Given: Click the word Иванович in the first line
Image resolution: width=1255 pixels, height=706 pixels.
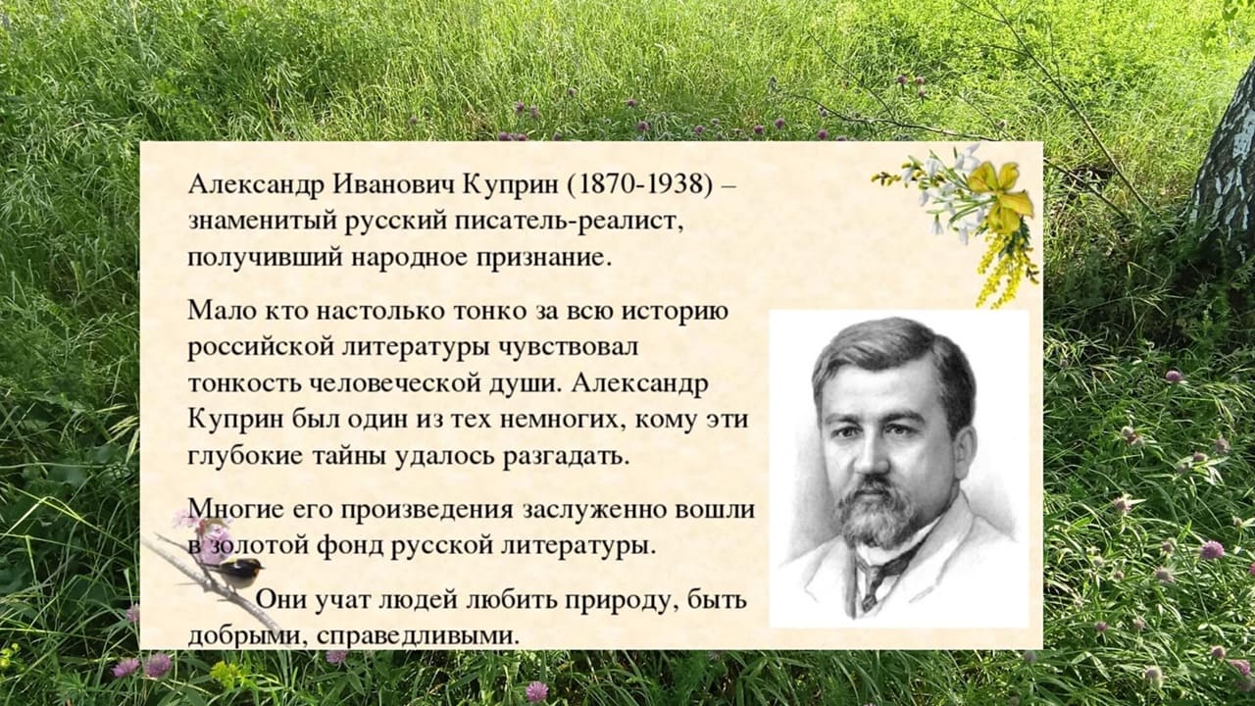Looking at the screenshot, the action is (x=393, y=183).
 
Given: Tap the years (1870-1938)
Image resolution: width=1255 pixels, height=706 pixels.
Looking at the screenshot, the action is (x=639, y=185).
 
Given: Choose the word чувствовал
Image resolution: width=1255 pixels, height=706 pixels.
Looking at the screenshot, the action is (x=568, y=347).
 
